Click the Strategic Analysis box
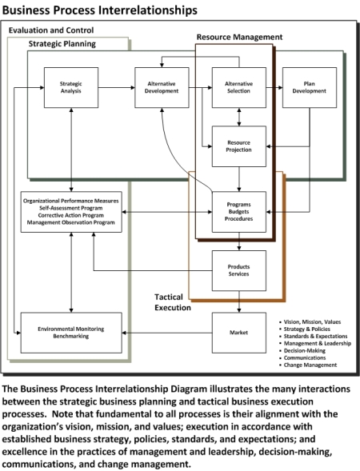(x=71, y=87)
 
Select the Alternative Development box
(x=162, y=87)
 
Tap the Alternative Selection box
(x=239, y=87)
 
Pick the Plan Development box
(x=310, y=87)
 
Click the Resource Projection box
(x=239, y=146)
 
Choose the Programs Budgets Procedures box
(x=239, y=212)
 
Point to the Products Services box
(x=239, y=270)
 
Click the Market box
(x=239, y=333)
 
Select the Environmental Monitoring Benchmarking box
(x=71, y=333)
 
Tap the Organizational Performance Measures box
(x=71, y=212)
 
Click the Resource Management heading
(x=239, y=37)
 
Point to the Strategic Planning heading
(x=62, y=44)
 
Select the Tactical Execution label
(x=173, y=302)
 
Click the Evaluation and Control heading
(x=51, y=30)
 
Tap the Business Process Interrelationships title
(x=100, y=10)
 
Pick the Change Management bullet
(x=310, y=365)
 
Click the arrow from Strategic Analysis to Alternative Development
(x=117, y=88)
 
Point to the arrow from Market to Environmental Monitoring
(x=167, y=333)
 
